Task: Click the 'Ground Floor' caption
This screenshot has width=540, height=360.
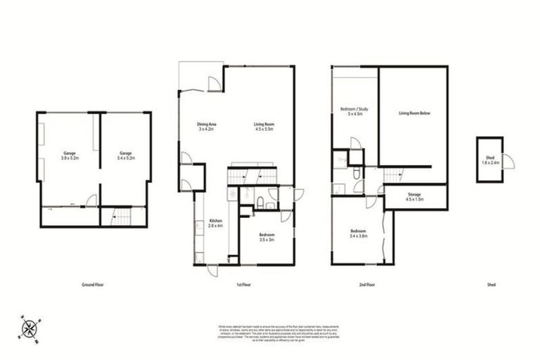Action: click(94, 285)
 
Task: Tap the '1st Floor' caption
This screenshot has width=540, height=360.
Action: click(244, 285)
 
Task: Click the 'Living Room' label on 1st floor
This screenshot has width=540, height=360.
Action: click(264, 127)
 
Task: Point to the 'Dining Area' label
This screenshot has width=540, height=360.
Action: click(205, 127)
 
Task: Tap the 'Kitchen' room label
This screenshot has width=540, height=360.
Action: click(215, 224)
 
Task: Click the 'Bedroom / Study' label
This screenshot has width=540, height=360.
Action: click(354, 111)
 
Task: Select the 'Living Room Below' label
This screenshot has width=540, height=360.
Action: click(413, 112)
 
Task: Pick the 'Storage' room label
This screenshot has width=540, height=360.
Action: click(414, 195)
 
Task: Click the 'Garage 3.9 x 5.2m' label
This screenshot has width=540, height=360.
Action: click(69, 155)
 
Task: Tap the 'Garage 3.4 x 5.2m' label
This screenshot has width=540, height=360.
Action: click(125, 155)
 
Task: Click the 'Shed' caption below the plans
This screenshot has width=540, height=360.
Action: click(491, 285)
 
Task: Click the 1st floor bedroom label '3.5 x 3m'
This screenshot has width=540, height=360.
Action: click(266, 237)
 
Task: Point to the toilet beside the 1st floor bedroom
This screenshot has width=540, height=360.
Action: click(260, 203)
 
